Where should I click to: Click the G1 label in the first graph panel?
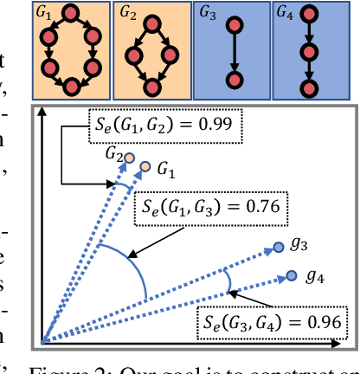[x=43, y=12]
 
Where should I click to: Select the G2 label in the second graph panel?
[x=127, y=13]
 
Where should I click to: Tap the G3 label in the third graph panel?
[x=207, y=12]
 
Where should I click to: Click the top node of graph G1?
[x=73, y=13]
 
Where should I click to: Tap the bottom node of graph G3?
[x=232, y=81]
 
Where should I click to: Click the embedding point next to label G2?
[x=130, y=158]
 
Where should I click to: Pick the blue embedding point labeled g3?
[x=278, y=248]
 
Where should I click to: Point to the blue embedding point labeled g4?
[x=291, y=276]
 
